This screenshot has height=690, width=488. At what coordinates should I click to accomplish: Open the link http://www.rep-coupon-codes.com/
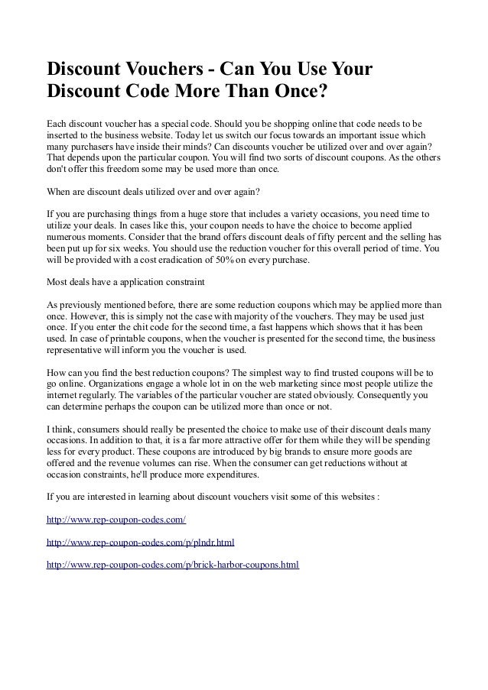click(115, 520)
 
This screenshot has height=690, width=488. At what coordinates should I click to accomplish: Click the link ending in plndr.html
click(140, 543)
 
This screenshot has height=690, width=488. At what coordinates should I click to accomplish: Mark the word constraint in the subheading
click(179, 280)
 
